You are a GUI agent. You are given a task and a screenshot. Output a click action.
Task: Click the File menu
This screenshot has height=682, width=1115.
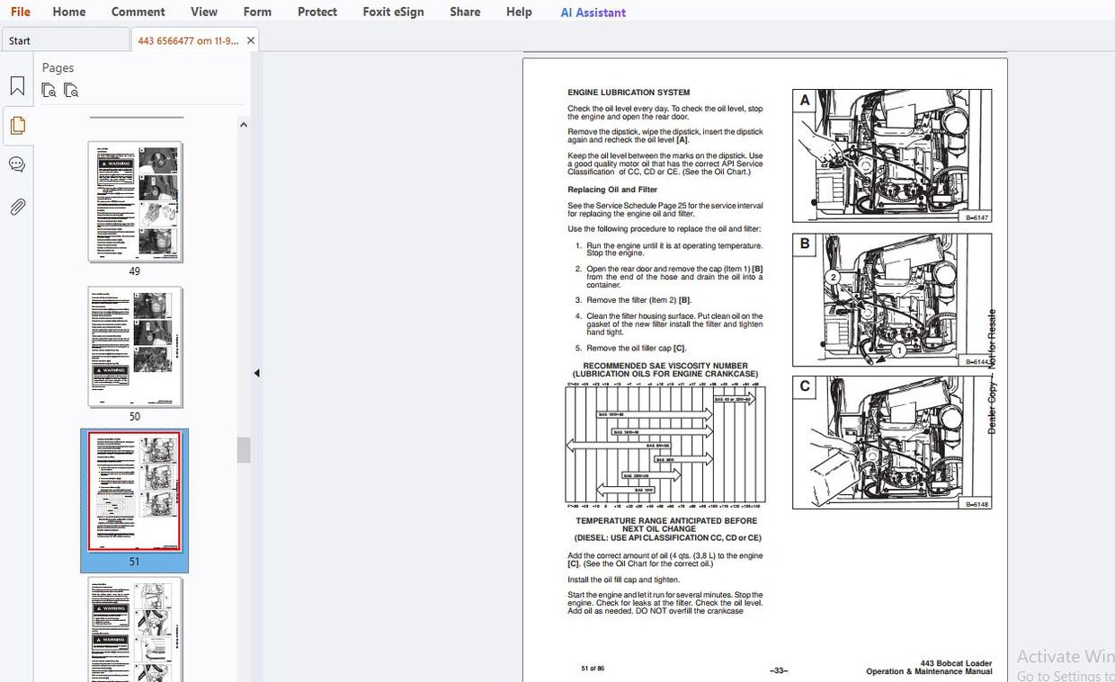(x=20, y=12)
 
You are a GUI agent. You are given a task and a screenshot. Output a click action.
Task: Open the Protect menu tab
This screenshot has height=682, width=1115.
(x=317, y=12)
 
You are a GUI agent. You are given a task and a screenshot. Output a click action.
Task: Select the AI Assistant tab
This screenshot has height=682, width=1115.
(x=593, y=13)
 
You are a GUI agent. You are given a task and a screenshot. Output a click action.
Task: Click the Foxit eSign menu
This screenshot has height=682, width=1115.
(x=393, y=12)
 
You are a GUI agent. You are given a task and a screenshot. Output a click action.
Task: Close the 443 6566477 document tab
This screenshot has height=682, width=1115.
(x=251, y=40)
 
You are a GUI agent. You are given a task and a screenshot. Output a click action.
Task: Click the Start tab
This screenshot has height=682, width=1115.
(x=20, y=40)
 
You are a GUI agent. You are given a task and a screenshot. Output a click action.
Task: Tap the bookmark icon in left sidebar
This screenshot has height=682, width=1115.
(x=17, y=86)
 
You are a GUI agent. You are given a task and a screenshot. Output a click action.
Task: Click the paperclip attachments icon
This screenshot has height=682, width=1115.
(x=17, y=208)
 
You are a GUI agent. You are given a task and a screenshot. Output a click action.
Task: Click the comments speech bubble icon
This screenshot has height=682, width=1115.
(x=17, y=165)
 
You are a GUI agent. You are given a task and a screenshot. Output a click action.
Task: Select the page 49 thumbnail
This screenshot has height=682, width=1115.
(x=135, y=201)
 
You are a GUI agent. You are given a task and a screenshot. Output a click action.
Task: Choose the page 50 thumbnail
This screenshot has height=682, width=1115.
(x=135, y=347)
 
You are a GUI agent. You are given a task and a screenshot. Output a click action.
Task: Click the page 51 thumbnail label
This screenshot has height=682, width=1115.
(x=134, y=562)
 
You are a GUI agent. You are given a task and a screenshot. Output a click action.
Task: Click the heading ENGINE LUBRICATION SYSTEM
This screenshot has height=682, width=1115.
(x=629, y=93)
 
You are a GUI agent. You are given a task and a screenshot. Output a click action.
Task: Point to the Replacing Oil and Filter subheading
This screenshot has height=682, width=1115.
(x=611, y=190)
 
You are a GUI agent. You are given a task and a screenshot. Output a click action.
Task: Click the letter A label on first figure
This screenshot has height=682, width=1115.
(x=805, y=101)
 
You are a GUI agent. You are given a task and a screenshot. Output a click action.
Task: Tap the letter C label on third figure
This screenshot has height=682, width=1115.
(x=805, y=386)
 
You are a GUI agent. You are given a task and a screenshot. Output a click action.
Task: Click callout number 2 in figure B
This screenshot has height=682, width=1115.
(x=834, y=278)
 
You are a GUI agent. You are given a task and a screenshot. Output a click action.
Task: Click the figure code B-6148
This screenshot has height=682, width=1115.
(x=977, y=504)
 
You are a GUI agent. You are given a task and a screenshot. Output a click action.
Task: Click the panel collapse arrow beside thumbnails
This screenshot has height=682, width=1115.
(x=256, y=373)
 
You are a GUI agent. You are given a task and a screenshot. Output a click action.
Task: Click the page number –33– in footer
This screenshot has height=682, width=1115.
(x=779, y=670)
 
